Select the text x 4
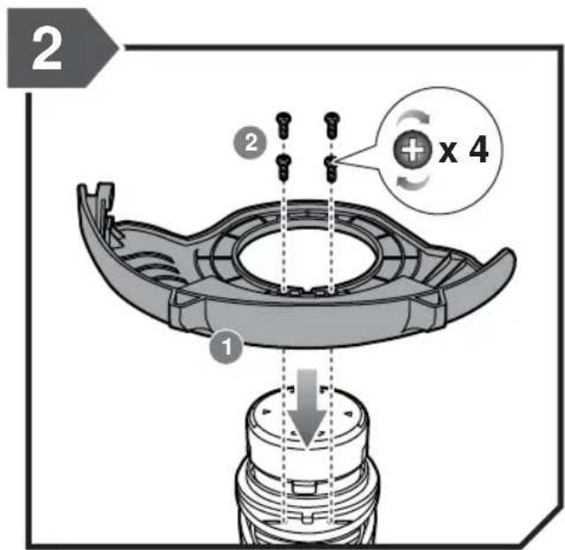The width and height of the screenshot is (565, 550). click(x=463, y=151)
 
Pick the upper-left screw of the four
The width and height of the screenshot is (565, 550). click(x=284, y=123)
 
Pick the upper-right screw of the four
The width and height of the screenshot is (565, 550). click(x=332, y=123)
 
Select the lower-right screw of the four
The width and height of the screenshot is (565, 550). click(x=332, y=163)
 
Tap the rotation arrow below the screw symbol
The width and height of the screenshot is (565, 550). click(x=408, y=181)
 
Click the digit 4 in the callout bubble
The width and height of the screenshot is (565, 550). click(x=478, y=151)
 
